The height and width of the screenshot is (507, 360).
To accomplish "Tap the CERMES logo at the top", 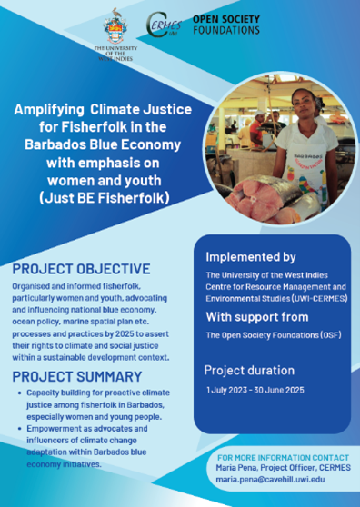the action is (x=164, y=25).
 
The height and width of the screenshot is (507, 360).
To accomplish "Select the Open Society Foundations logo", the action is (x=226, y=25).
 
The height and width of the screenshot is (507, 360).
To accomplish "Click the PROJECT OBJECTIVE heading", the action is (x=81, y=269).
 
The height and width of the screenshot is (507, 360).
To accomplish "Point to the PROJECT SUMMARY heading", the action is (x=77, y=377).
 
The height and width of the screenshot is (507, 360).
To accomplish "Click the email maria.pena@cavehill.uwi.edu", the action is (x=270, y=479).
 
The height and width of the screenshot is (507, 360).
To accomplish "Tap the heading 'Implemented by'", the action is (x=251, y=257).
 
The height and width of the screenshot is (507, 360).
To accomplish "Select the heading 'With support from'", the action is (x=257, y=317).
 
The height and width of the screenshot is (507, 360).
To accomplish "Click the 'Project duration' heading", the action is (x=249, y=370).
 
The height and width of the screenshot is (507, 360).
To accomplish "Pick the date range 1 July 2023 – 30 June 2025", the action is (x=255, y=390).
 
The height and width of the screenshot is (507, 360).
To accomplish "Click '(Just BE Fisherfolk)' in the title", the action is (x=105, y=198).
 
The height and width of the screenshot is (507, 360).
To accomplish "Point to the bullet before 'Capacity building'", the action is (x=20, y=393).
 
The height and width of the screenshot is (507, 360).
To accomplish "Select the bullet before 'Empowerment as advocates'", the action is (x=20, y=429).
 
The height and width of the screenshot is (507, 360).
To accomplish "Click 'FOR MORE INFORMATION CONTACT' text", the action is (x=283, y=458).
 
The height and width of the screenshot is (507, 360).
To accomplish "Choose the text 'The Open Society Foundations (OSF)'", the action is (x=274, y=335).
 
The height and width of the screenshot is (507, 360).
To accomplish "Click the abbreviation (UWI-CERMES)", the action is (x=319, y=298).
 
